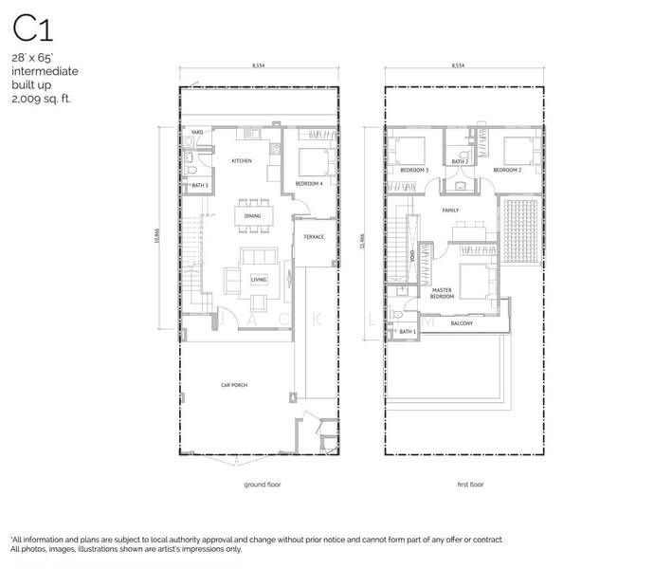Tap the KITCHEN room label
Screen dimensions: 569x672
[x=242, y=161]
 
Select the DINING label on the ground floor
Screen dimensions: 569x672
[x=252, y=216]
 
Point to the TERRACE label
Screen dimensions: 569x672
[x=314, y=237]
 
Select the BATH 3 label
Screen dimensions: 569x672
[x=199, y=184]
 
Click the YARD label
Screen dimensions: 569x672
[x=198, y=132]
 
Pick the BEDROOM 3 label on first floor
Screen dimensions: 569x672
[x=414, y=170]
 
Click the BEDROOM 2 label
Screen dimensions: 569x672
[x=506, y=170]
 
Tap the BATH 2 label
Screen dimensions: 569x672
[x=461, y=162]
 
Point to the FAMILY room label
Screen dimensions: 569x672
[x=450, y=210]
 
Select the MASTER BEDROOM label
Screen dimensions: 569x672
[x=442, y=293]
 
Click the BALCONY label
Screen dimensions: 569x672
[x=462, y=323]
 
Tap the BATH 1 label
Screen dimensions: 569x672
[x=407, y=332]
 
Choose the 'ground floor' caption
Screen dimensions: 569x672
[x=262, y=485]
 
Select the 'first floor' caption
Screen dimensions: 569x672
[x=470, y=485]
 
